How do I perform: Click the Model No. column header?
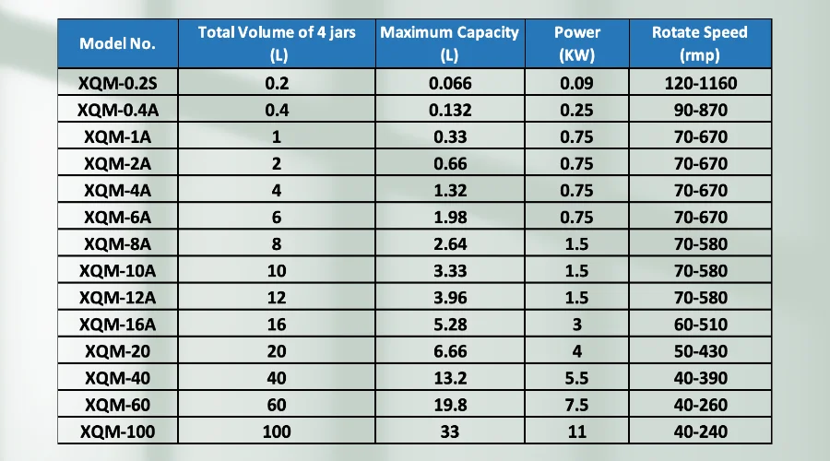[117, 43]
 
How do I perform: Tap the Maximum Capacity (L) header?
[449, 43]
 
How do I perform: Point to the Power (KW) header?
[578, 43]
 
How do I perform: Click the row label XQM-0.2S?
[117, 84]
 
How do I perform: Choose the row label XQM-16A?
[117, 324]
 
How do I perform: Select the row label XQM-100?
[117, 431]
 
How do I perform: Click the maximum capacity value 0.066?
[449, 84]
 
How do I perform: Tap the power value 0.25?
[578, 111]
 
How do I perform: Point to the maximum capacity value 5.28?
[449, 324]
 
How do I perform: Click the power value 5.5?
[578, 377]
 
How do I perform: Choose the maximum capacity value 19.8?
[449, 404]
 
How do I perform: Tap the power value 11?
[578, 431]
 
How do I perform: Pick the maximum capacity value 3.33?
[449, 270]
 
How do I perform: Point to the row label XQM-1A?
[117, 137]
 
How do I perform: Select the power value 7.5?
[578, 404]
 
